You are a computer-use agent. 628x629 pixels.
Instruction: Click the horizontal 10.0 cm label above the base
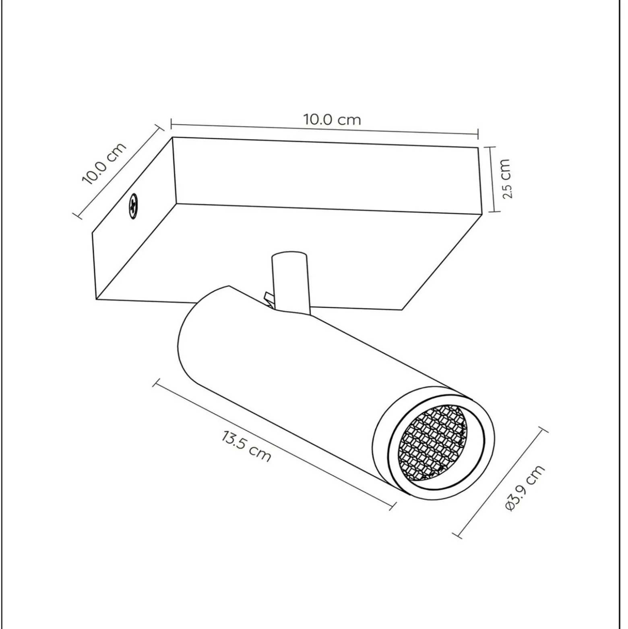coord(332,120)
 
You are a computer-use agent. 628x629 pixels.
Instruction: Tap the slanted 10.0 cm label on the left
coord(104,164)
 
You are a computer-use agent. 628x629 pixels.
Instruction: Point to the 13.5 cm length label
coord(246,446)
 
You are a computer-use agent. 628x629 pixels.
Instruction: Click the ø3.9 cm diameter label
coord(525,488)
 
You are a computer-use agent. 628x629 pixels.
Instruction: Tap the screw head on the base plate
coord(133,206)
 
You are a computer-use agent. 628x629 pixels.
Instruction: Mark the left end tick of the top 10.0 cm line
coord(172,124)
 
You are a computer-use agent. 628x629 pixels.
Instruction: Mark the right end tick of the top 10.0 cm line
coord(478,134)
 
